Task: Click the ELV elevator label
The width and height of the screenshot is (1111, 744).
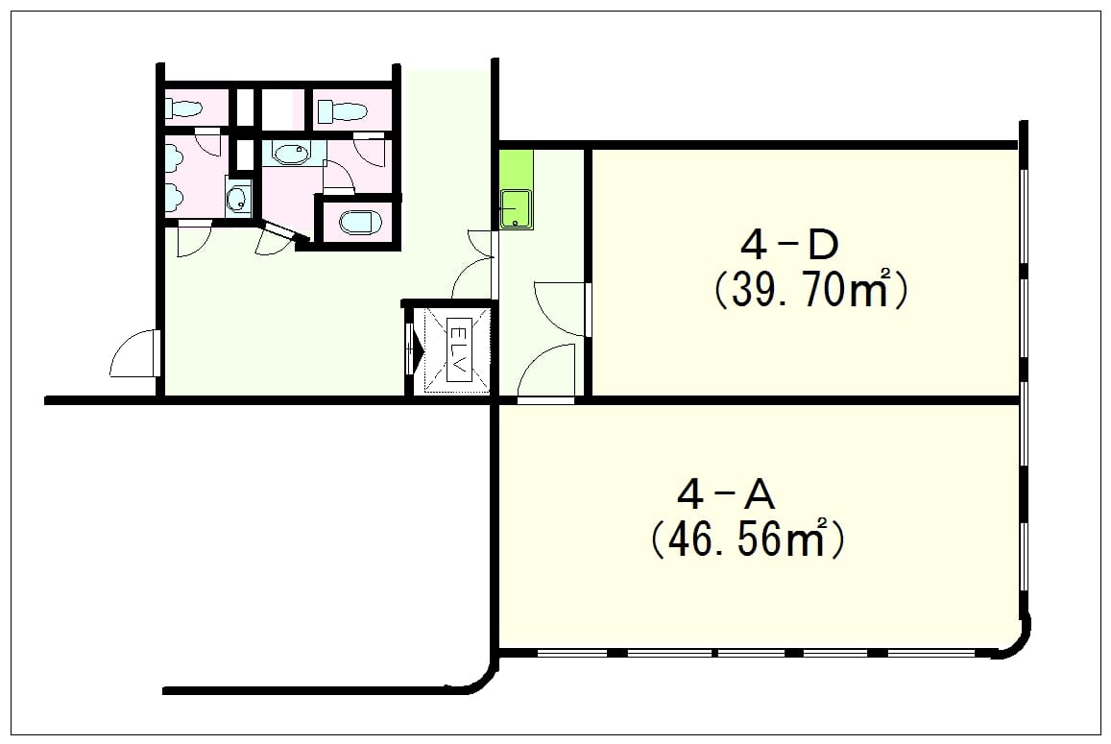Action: tap(458, 350)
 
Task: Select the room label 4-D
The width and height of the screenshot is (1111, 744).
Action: tap(789, 245)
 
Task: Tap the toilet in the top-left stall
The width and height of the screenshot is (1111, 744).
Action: tap(184, 108)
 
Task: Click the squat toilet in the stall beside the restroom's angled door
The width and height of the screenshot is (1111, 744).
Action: tap(361, 223)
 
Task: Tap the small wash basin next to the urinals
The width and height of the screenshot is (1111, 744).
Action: tap(239, 198)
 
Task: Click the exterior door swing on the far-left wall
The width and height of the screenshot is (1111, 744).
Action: tap(133, 353)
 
